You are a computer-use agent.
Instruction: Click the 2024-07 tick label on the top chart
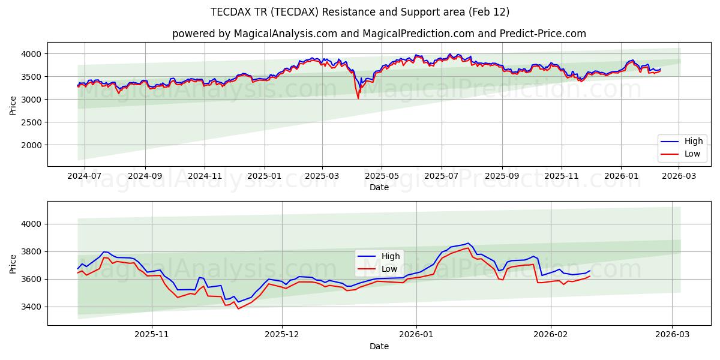(x=84, y=176)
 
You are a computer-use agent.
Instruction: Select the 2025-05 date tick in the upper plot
(x=382, y=176)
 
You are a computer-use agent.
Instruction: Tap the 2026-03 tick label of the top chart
(x=679, y=176)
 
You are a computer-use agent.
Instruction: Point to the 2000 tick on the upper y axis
(x=32, y=145)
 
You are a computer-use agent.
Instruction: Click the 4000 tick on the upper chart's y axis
(x=32, y=54)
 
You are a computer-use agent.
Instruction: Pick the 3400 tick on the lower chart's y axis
(x=32, y=307)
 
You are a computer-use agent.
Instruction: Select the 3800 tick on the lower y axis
(x=32, y=251)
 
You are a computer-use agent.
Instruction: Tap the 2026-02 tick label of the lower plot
(x=551, y=335)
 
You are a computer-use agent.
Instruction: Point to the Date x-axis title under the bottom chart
(x=379, y=346)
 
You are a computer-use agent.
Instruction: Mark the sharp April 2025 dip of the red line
(x=358, y=98)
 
